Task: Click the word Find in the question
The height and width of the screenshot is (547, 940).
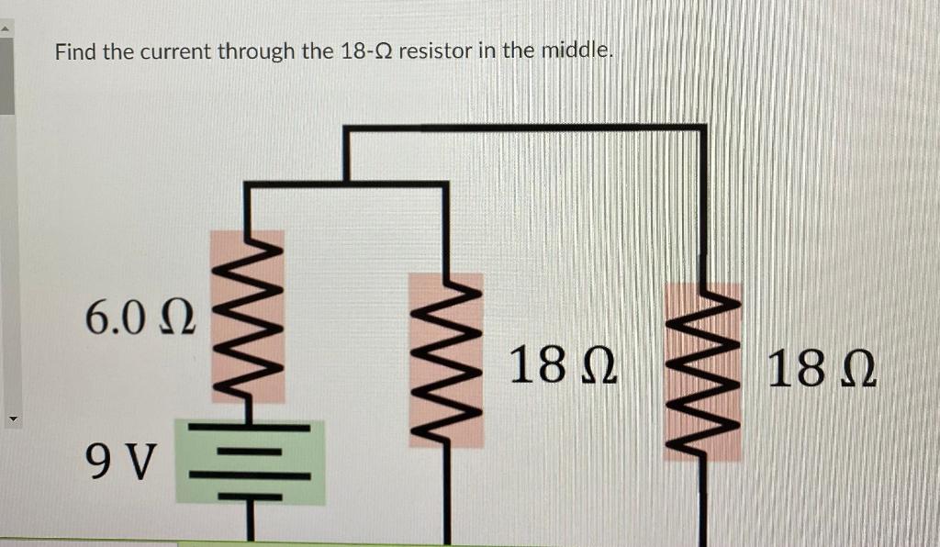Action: [75, 51]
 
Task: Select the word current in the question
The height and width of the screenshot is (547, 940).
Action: [174, 51]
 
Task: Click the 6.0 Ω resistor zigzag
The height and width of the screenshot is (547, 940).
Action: [248, 321]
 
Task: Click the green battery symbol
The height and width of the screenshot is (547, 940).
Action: [250, 463]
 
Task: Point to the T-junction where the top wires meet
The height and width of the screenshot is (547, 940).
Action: [346, 184]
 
